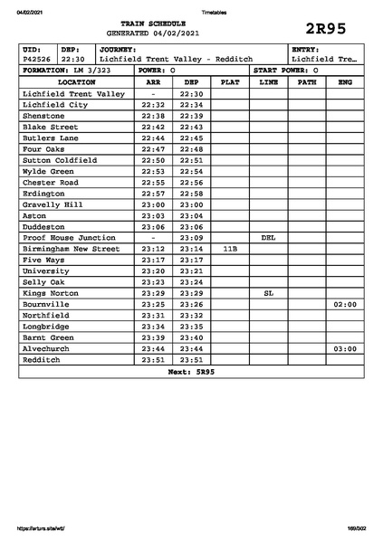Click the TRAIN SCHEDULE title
pos(152,23)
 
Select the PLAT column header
pos(230,82)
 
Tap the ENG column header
pos(344,82)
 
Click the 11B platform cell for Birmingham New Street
pos(230,249)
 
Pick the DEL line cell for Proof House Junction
pos(268,238)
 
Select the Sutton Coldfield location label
pos(60,160)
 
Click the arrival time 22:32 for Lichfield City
pos(153,105)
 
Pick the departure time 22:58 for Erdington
pos(191,194)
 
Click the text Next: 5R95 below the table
pos(191,372)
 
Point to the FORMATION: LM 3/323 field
pos(66,70)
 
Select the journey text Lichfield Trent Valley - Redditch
pos(177,59)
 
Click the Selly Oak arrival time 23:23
pos(153,282)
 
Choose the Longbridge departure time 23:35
pos(191,327)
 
